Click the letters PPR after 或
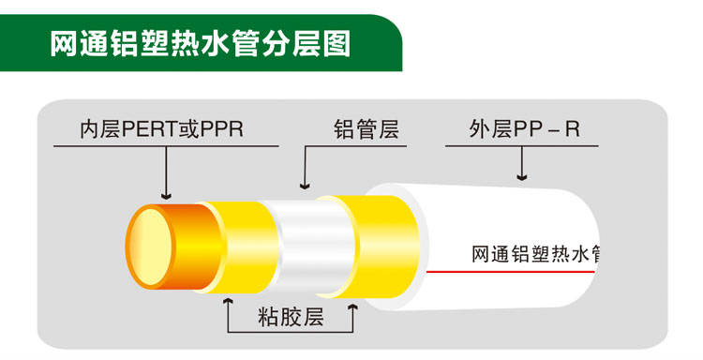(x=222, y=129)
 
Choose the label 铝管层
(x=366, y=129)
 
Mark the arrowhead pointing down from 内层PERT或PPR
(x=166, y=194)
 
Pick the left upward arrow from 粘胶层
(x=227, y=303)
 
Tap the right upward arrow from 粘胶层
(x=352, y=303)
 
